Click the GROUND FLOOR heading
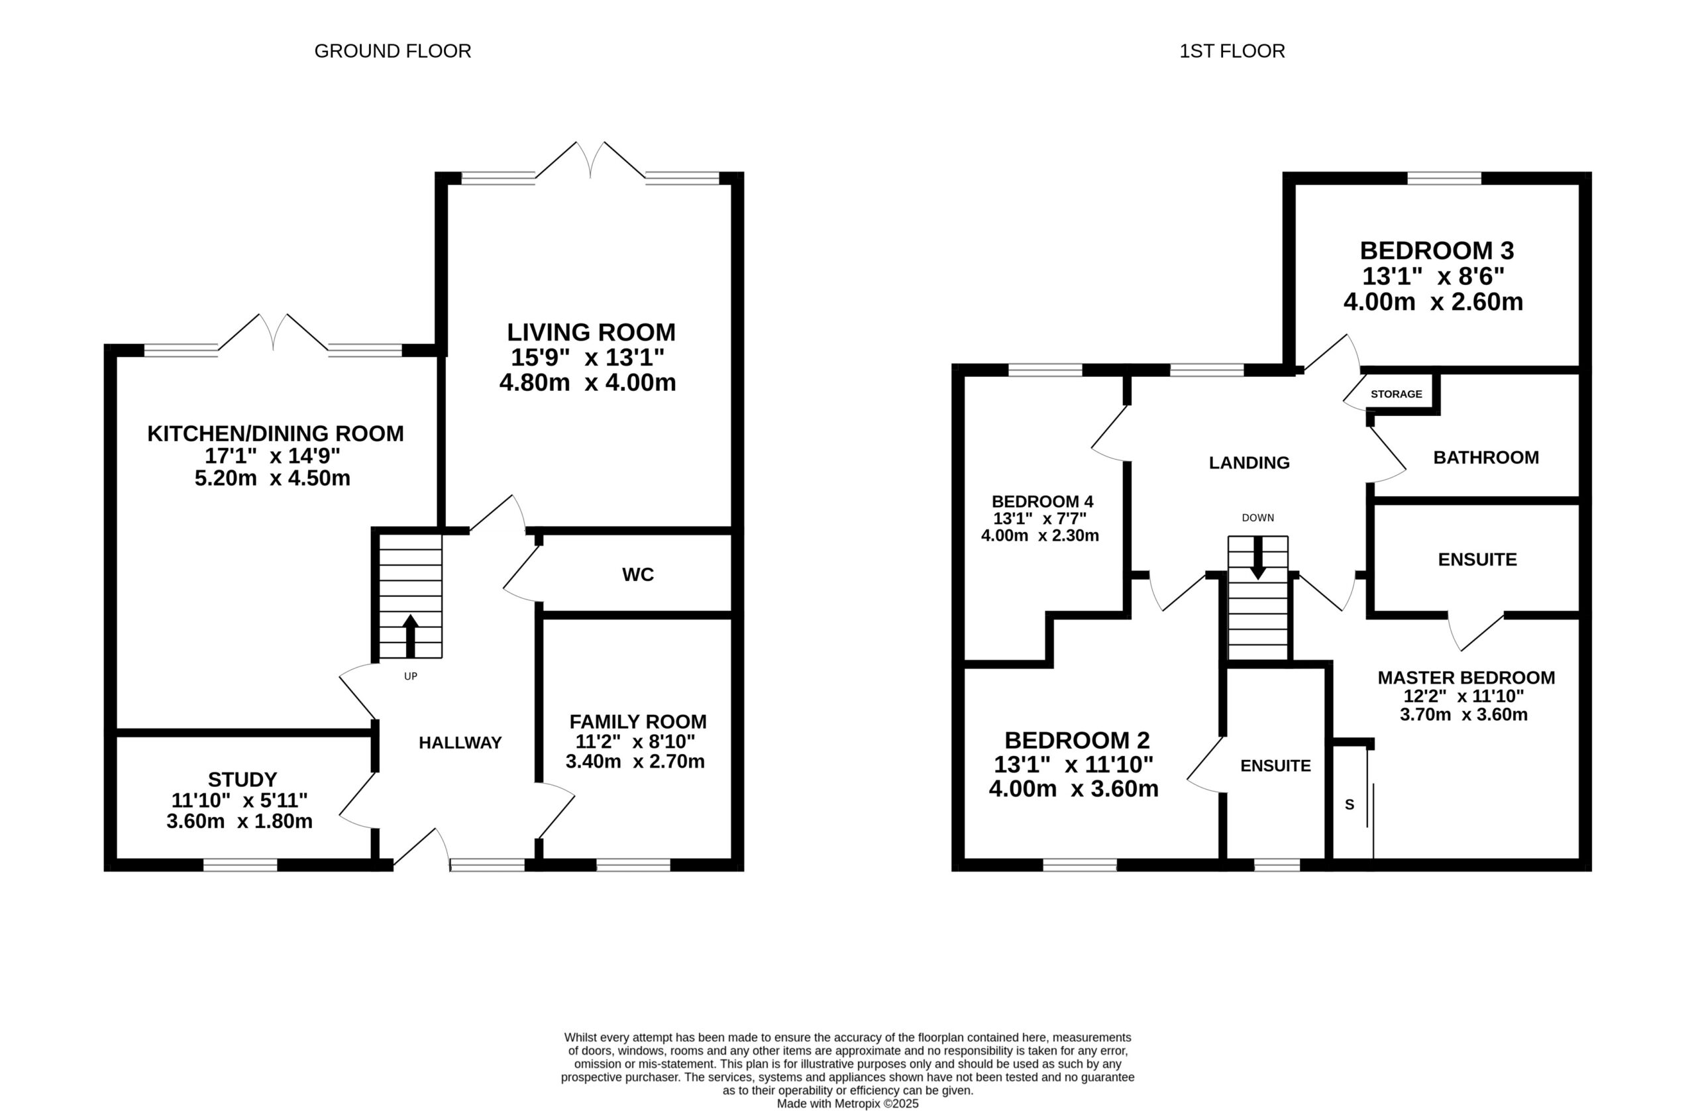pyautogui.click(x=393, y=51)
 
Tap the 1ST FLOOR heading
pyautogui.click(x=1232, y=51)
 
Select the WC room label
pyautogui.click(x=638, y=574)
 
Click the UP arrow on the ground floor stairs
pyautogui.click(x=411, y=636)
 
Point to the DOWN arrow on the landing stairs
pyautogui.click(x=1257, y=557)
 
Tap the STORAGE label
pyautogui.click(x=1396, y=394)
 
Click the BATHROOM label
pyautogui.click(x=1486, y=458)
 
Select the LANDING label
pyautogui.click(x=1249, y=462)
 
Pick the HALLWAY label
pyautogui.click(x=460, y=743)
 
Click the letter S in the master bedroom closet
pyautogui.click(x=1349, y=804)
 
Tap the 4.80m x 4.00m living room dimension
pyautogui.click(x=588, y=383)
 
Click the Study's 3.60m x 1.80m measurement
pyautogui.click(x=239, y=821)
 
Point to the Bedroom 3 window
pyautogui.click(x=1444, y=178)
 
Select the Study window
pyautogui.click(x=240, y=865)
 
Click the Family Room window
pyautogui.click(x=633, y=865)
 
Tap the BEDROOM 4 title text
pyautogui.click(x=1043, y=501)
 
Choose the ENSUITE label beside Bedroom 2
pyautogui.click(x=1275, y=765)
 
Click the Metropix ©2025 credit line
pyautogui.click(x=847, y=1104)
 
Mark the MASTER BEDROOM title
pyautogui.click(x=1467, y=678)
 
